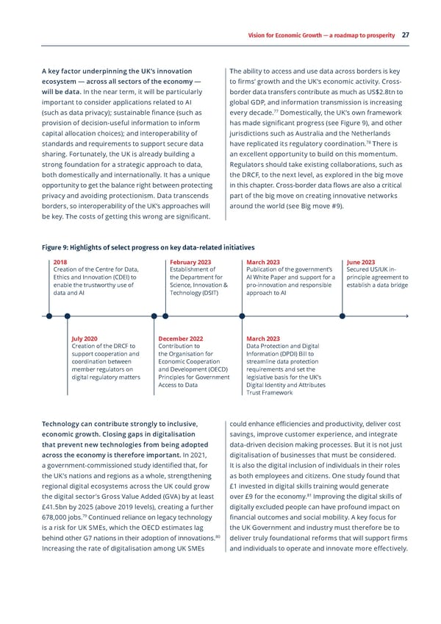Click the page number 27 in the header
tap(406, 35)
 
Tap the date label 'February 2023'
tap(190, 262)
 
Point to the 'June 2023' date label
tap(360, 262)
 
